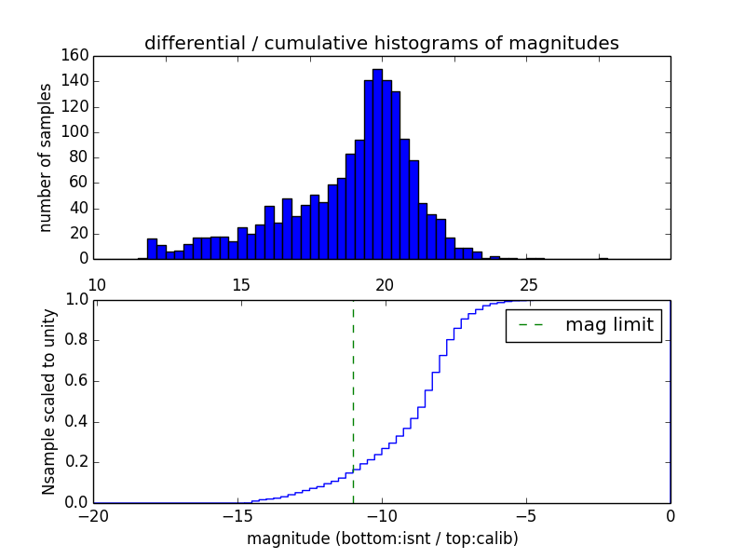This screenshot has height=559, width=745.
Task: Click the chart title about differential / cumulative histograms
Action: (x=381, y=43)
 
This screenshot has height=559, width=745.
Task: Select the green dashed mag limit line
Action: (x=353, y=401)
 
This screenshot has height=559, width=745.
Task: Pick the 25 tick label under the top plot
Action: (x=529, y=284)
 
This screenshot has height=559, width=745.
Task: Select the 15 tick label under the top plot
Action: (x=240, y=284)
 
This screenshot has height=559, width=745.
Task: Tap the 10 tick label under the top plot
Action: (x=97, y=284)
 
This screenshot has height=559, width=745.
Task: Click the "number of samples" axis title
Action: (x=45, y=157)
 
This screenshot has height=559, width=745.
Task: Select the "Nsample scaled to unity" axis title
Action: (x=48, y=402)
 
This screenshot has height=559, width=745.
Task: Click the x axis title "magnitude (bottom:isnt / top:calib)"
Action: (x=382, y=539)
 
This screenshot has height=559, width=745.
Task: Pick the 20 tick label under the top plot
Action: (x=385, y=284)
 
